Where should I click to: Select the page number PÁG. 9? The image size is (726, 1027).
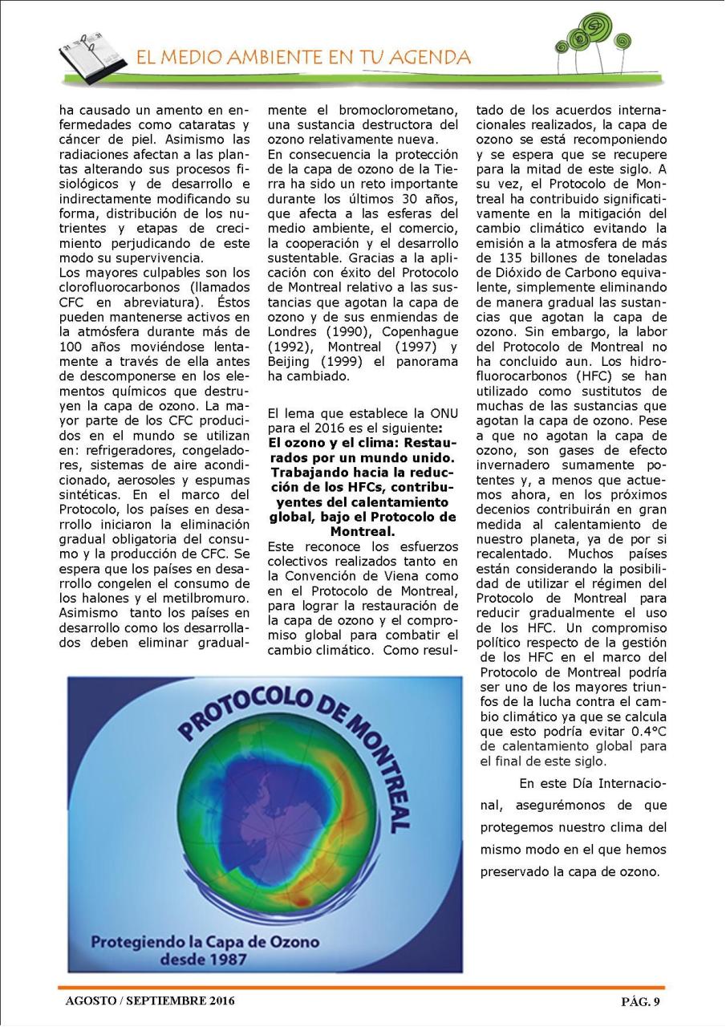click(640, 1001)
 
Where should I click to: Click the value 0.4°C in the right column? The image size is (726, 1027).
click(642, 732)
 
